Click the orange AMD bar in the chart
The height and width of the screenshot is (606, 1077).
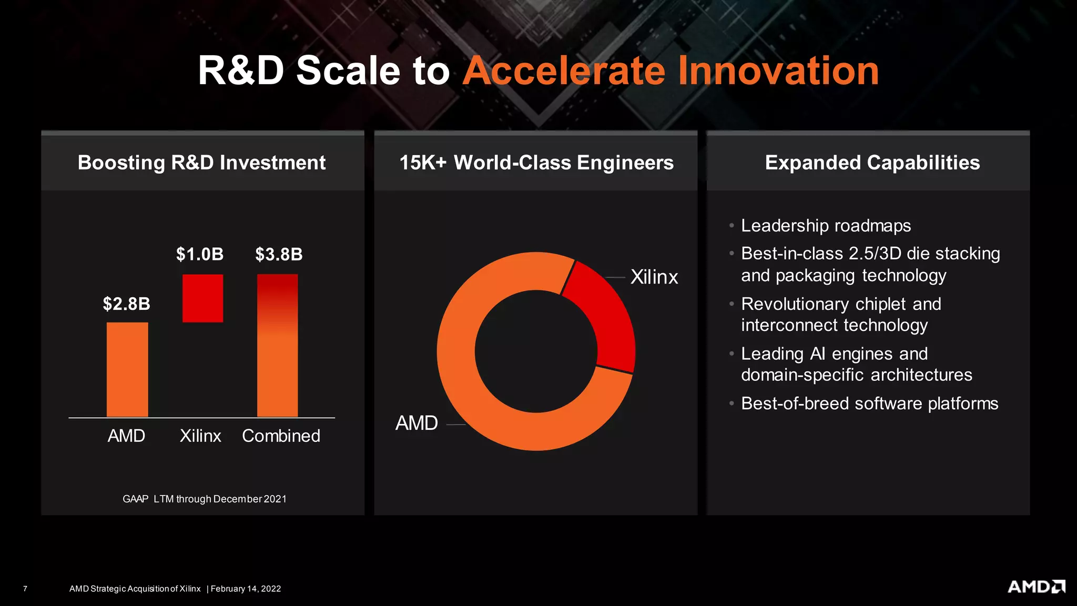(x=127, y=369)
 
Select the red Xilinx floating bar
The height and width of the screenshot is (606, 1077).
(x=202, y=298)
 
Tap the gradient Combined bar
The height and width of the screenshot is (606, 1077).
(x=277, y=346)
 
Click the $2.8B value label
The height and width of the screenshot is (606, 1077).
(x=126, y=304)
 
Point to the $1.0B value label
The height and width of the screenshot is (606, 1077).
(x=200, y=254)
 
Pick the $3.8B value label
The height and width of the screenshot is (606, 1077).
(x=279, y=254)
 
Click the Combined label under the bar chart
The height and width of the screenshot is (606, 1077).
(x=281, y=436)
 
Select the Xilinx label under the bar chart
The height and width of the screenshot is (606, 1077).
(x=200, y=436)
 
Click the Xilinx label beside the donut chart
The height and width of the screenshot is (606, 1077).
(x=654, y=277)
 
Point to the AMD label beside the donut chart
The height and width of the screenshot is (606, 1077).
(x=416, y=423)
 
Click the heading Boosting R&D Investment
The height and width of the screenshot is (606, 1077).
(x=202, y=163)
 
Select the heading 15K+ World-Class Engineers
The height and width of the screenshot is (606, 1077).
(x=536, y=163)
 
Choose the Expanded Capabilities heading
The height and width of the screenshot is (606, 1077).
(x=872, y=163)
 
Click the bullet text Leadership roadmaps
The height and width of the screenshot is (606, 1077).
(x=826, y=225)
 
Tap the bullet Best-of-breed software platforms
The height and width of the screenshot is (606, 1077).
(x=869, y=403)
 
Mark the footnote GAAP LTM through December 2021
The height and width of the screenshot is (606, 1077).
(x=205, y=499)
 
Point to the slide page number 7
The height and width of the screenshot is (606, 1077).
(x=25, y=589)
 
